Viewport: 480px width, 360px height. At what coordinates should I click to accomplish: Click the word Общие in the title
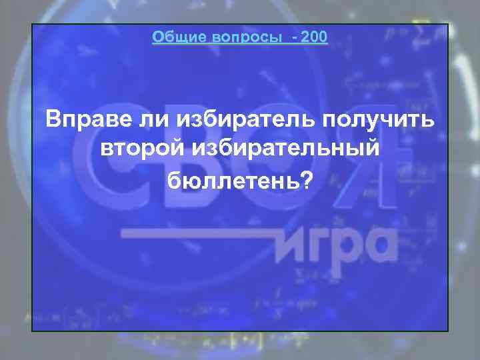(x=174, y=37)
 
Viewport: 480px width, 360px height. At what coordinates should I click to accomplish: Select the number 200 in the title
(x=314, y=37)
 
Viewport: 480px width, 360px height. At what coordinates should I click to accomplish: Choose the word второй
(x=139, y=149)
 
